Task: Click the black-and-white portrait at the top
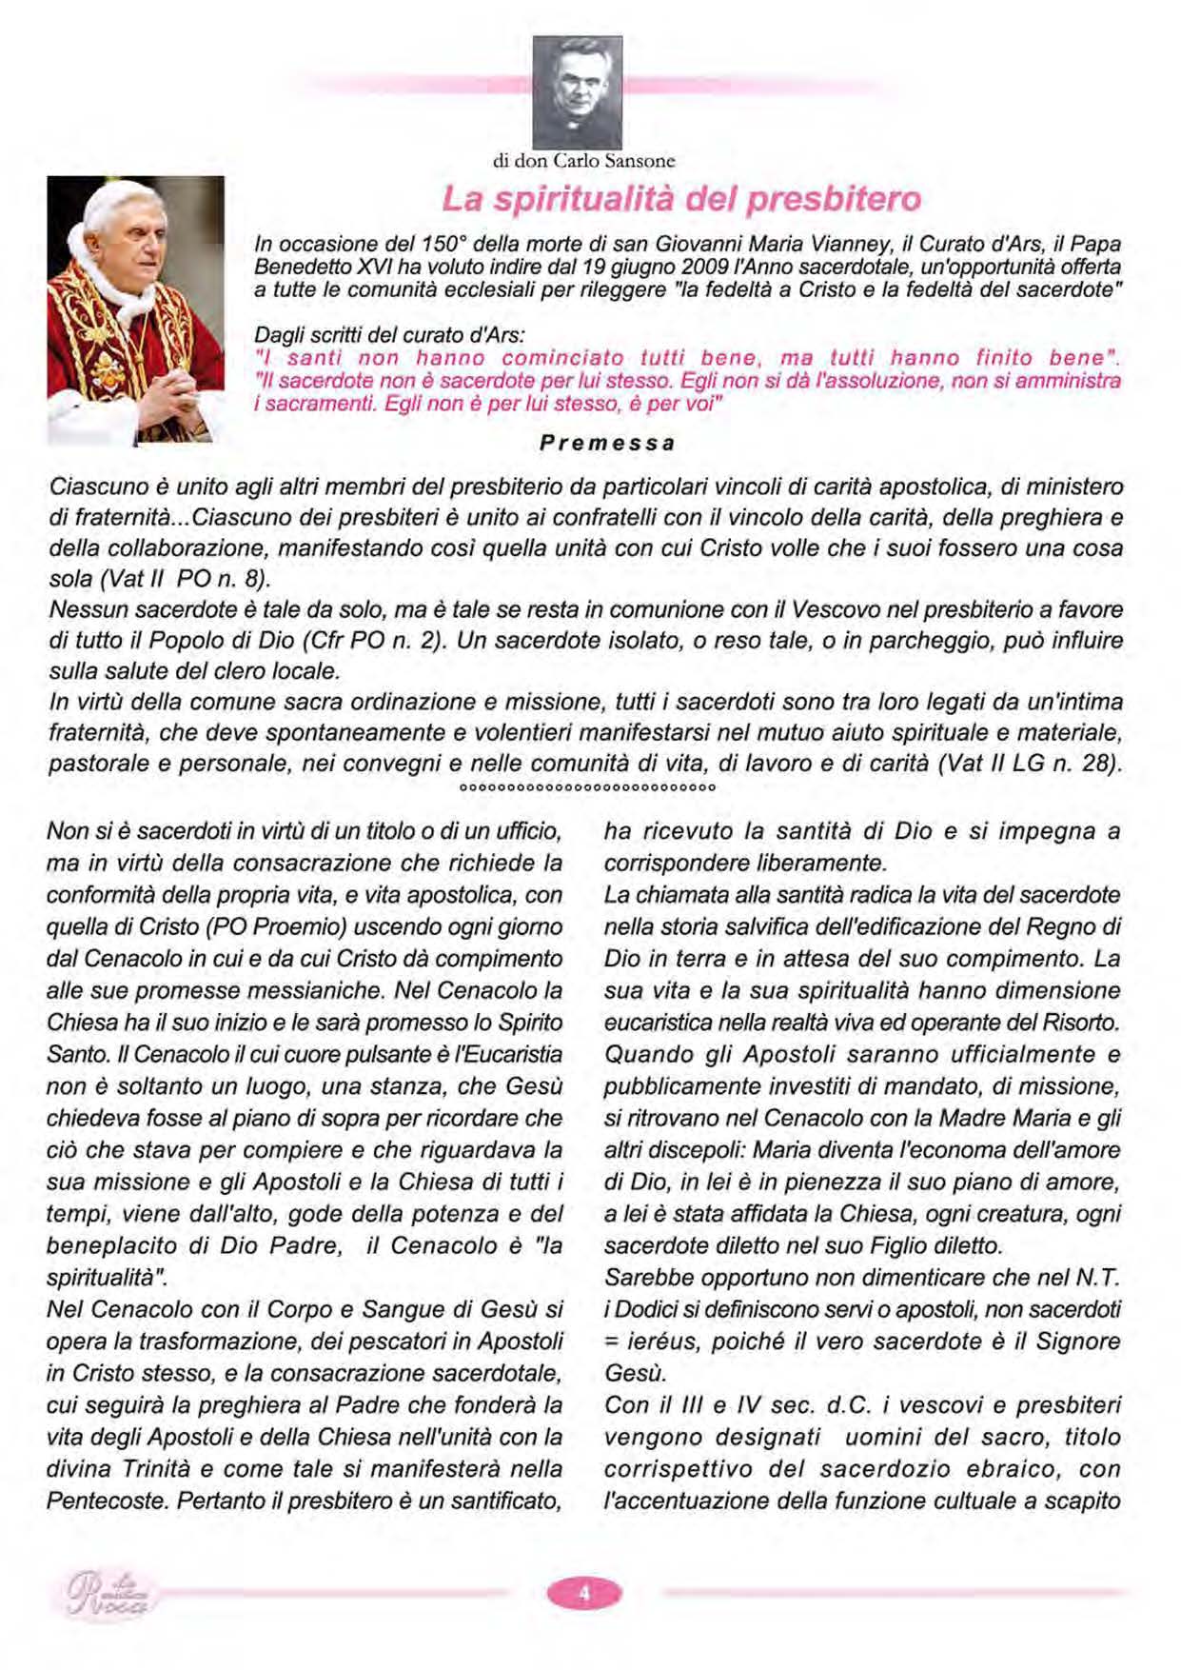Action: point(577,91)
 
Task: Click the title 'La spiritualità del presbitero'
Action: point(681,199)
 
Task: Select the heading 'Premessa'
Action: point(607,443)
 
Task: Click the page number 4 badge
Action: point(584,1591)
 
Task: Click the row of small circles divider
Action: point(587,788)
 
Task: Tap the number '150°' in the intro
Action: point(443,245)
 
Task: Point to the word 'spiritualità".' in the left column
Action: point(108,1277)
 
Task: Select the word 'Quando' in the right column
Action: point(649,1054)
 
